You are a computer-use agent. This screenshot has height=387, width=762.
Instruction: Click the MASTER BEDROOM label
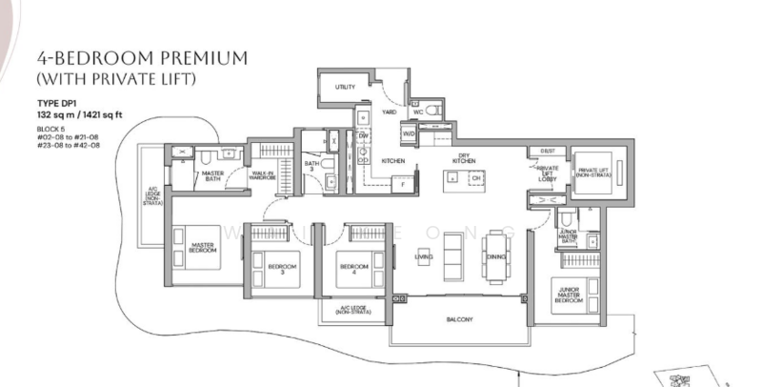click(x=201, y=247)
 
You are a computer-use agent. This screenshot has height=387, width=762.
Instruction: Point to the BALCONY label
click(x=460, y=319)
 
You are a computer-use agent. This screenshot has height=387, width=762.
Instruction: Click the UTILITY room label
click(x=345, y=88)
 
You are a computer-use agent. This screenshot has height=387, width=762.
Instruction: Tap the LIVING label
click(x=424, y=257)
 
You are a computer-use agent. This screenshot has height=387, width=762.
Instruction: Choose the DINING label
click(x=495, y=257)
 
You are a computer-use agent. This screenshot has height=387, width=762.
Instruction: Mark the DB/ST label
click(x=547, y=151)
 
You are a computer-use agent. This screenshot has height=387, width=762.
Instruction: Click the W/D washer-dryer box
click(x=410, y=134)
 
